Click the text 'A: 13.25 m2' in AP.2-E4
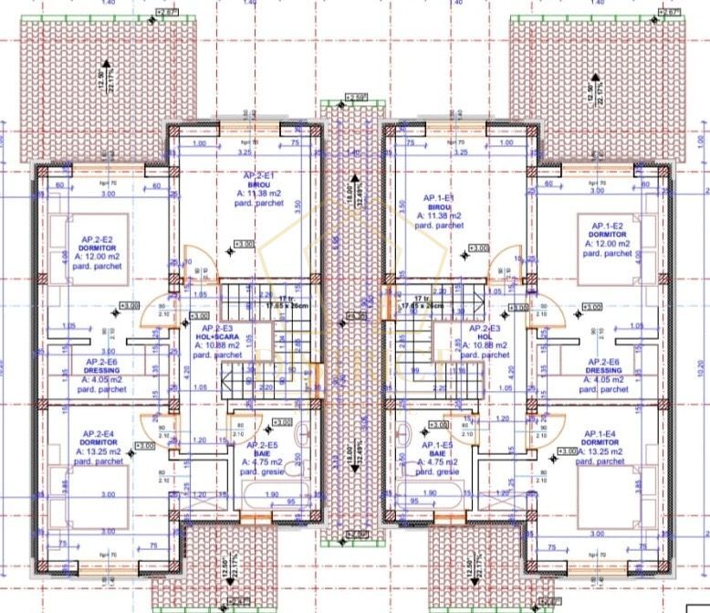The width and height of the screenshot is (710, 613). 103,451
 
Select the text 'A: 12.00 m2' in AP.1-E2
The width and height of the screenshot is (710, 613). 605,244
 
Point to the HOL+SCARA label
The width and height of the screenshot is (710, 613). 220,336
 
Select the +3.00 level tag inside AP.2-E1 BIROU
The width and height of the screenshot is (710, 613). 244,245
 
